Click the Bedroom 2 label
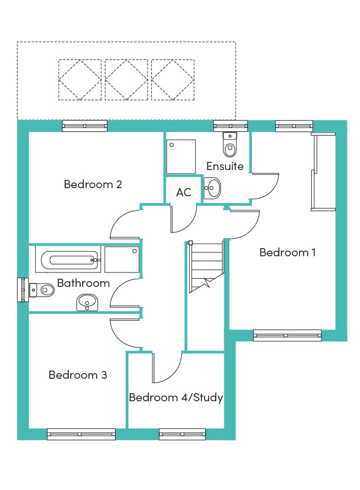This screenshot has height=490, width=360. (x=92, y=184)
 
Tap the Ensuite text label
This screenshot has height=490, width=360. (x=225, y=166)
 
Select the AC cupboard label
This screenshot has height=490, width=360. (x=184, y=192)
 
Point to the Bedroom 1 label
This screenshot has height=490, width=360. (x=287, y=252)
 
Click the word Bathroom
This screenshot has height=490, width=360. (x=84, y=283)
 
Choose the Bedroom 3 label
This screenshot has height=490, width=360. (x=77, y=375)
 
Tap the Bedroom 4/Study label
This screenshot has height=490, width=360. (x=176, y=397)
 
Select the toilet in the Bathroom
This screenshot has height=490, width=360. (x=42, y=290)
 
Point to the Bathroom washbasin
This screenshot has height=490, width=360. (x=87, y=302)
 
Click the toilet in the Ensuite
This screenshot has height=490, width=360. (x=230, y=144)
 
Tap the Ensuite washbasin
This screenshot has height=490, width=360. (x=212, y=188)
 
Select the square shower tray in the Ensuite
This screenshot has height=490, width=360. (x=181, y=156)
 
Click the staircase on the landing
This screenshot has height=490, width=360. (x=206, y=266)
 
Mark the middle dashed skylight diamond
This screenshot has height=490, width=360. (x=126, y=80)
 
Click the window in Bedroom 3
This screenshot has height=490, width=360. (x=81, y=434)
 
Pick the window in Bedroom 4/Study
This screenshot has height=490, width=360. (x=182, y=434)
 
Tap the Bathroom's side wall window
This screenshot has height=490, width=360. (x=22, y=290)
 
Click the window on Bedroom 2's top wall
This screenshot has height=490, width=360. (x=85, y=126)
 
